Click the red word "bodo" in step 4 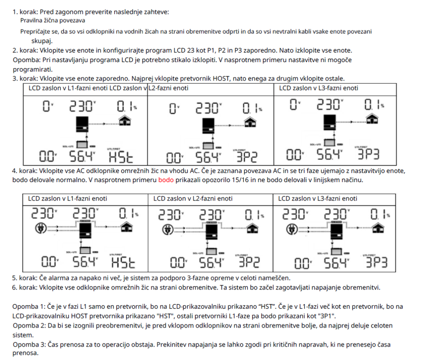click(164, 180)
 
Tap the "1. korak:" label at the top click(25, 12)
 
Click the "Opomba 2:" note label click(28, 325)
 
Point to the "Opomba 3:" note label click(28, 345)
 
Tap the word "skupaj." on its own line click(41, 40)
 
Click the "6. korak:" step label click(25, 287)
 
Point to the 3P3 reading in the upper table click(368, 155)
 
